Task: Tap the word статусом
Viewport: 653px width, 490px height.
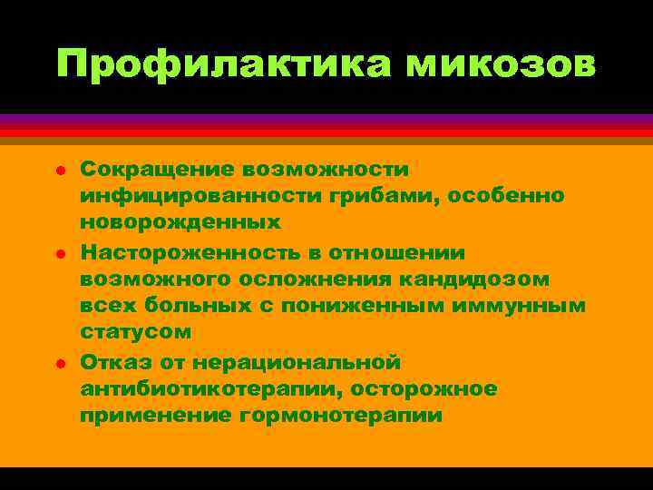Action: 135,333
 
